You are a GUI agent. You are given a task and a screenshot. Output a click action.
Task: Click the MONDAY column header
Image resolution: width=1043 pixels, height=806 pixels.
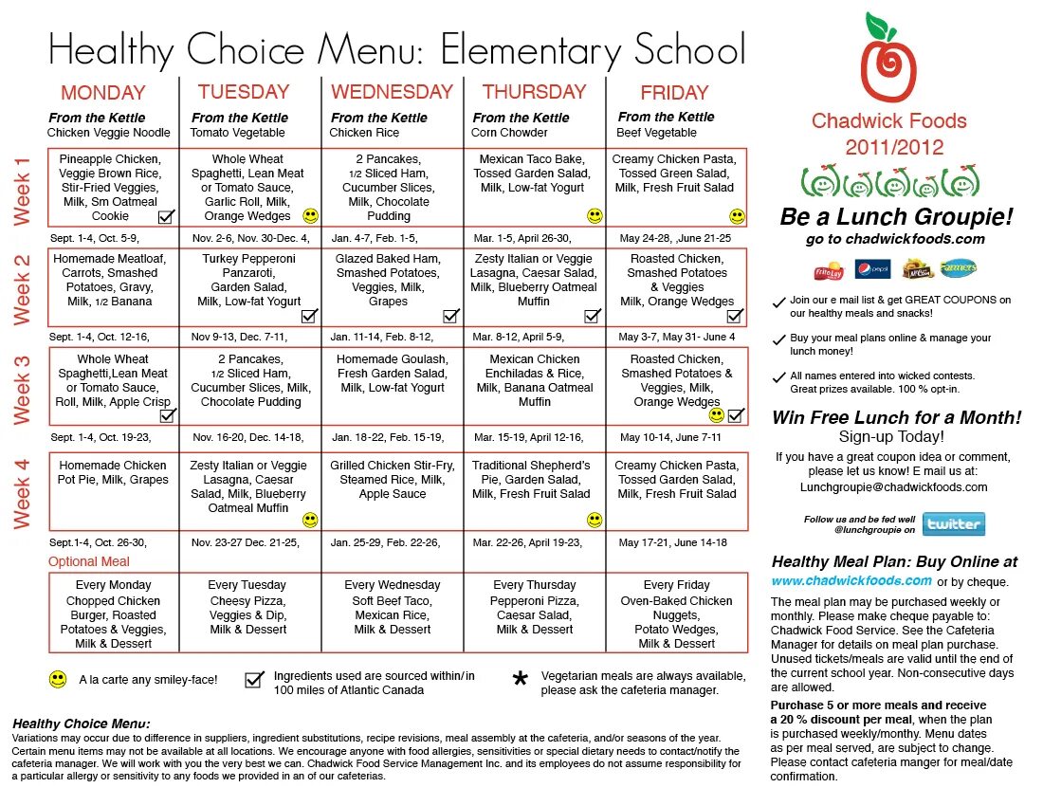(103, 93)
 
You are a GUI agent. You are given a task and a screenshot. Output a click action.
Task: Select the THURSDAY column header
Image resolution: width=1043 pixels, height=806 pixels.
(534, 92)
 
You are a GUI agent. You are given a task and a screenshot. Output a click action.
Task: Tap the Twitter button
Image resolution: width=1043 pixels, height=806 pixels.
(953, 524)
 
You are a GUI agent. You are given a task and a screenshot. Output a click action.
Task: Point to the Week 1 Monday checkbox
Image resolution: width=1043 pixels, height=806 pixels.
(166, 216)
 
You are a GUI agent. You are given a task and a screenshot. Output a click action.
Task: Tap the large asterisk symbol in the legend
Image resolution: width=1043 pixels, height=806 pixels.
(519, 681)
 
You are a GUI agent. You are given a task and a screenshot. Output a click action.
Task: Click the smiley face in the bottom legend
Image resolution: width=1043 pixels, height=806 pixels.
(58, 679)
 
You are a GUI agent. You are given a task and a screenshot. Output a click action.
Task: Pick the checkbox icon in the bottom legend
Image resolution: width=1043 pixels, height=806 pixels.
(253, 679)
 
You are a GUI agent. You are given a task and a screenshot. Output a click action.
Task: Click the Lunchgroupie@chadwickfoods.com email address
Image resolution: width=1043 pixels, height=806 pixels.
(893, 487)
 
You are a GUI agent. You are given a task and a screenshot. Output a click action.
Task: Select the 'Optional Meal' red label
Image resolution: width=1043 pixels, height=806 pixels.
(89, 561)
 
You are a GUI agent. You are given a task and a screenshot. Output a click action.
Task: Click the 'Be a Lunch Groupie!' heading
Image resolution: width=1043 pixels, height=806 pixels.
(896, 217)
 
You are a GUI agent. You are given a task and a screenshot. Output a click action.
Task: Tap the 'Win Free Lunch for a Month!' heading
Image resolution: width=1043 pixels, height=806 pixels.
(896, 417)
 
